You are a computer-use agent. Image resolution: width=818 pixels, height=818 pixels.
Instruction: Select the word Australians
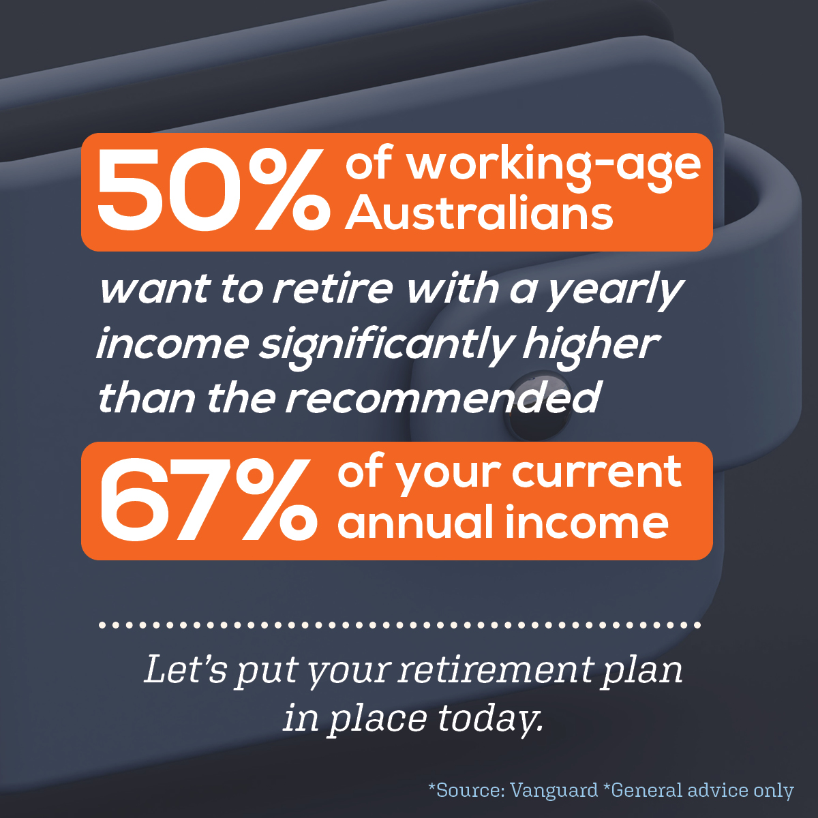coord(479,213)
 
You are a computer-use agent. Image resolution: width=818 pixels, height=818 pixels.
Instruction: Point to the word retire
coord(333,289)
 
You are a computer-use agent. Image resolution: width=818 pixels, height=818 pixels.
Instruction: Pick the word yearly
coord(614,290)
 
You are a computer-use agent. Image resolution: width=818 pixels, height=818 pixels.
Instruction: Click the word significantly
coord(385,345)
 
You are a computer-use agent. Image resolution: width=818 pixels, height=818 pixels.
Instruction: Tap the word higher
coord(590,345)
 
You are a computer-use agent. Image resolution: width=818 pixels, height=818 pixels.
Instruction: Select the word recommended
coord(444,397)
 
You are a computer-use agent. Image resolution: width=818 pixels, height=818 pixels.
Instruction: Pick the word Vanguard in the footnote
coord(554,791)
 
